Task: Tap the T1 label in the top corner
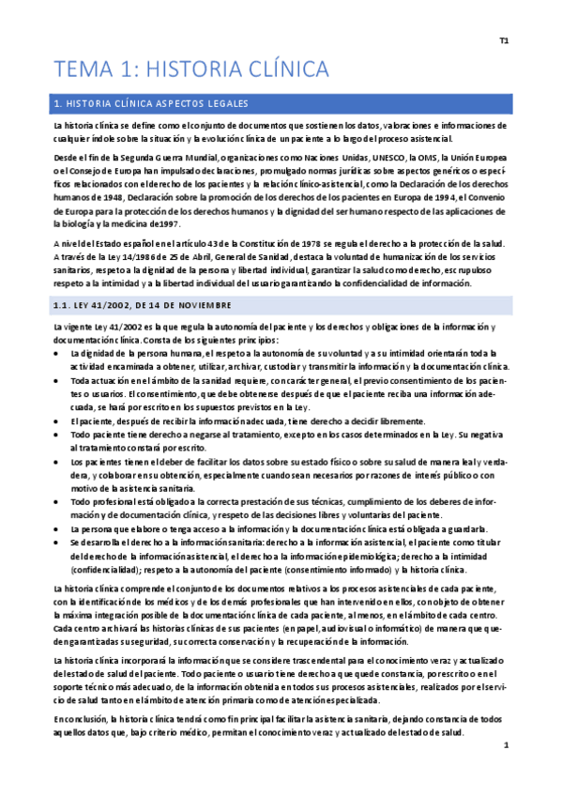tap(504, 41)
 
